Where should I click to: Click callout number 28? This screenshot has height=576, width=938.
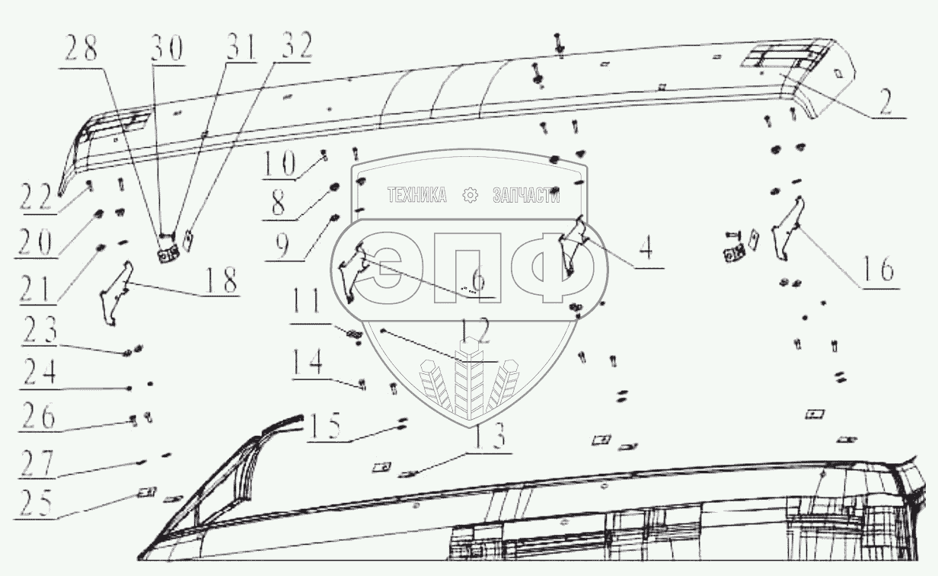[x=80, y=51]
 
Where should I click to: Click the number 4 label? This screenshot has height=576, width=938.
[x=645, y=249]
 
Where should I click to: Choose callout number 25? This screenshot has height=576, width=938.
[x=37, y=503]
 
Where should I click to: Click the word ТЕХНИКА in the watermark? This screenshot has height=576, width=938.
[x=416, y=196]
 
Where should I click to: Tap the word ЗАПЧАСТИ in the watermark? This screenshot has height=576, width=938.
[x=526, y=196]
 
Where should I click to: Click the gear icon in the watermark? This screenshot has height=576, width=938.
[x=470, y=196]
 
